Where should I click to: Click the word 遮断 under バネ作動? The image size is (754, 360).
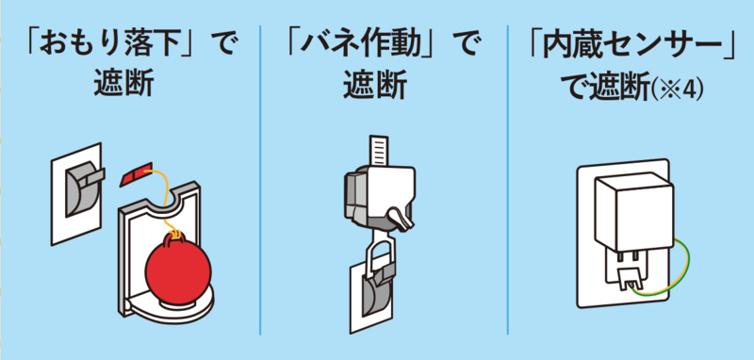(374, 87)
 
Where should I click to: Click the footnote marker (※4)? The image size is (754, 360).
(687, 91)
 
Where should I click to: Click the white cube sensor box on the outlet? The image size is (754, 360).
(627, 212)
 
